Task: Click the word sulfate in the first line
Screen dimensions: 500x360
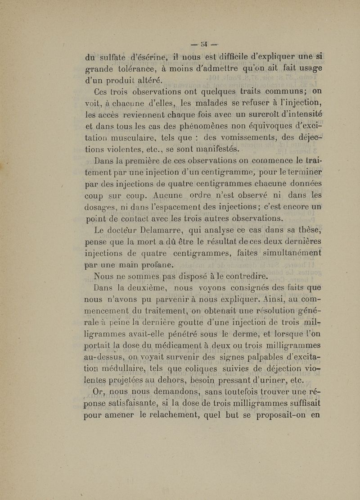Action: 115,57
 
